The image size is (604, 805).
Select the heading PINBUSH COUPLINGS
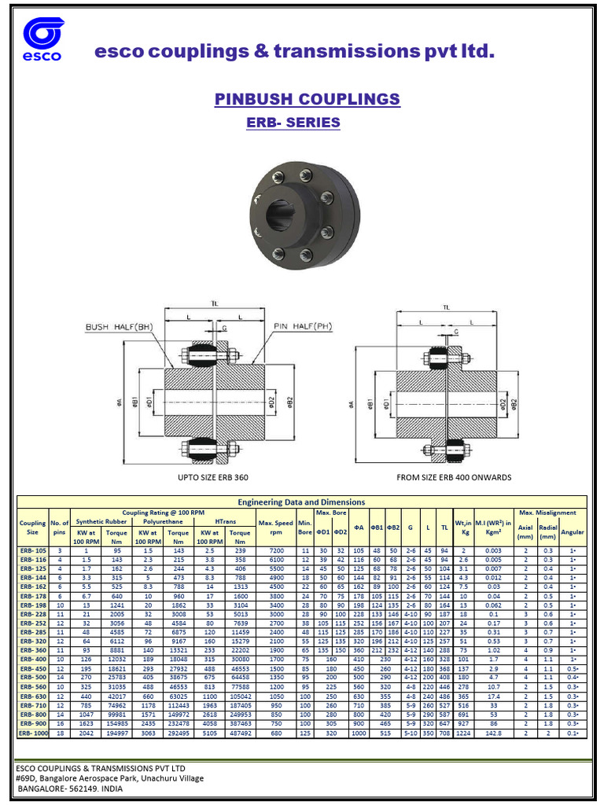(x=307, y=100)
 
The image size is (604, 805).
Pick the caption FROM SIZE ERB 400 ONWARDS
(x=455, y=477)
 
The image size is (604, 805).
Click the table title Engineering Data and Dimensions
(x=301, y=502)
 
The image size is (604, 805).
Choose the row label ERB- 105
(x=33, y=551)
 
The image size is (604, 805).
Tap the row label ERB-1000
(x=33, y=733)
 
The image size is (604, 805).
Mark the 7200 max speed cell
(x=276, y=551)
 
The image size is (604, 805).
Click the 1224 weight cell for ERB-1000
(x=462, y=733)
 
